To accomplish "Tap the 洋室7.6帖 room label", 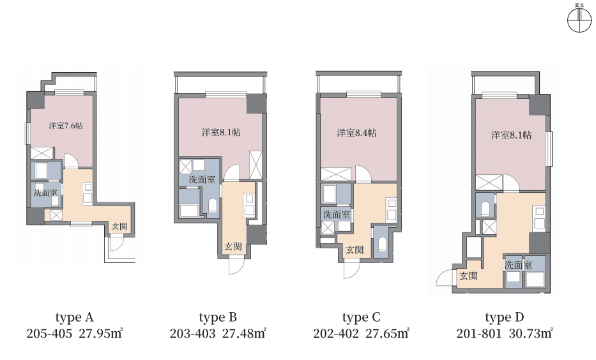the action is pos(66,126).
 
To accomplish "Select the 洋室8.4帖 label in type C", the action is pos(356,133).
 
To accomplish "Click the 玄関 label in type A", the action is pos(119,227).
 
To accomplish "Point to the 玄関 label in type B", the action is pos(233,246).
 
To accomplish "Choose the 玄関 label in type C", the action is pos(355,250).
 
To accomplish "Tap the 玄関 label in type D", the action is pos(469,276).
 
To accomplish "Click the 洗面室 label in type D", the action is pos(518,265).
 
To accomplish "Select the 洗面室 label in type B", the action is pos(202,179).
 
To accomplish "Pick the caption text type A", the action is pos(75,317).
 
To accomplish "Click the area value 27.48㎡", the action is pos(244,333).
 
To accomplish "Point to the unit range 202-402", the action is pos(335,333).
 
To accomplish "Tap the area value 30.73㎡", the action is pos(531,333).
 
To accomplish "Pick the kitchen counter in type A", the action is pos(88,193).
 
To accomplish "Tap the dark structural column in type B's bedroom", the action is pos(256,103).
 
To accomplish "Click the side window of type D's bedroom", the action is pos(549,149).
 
